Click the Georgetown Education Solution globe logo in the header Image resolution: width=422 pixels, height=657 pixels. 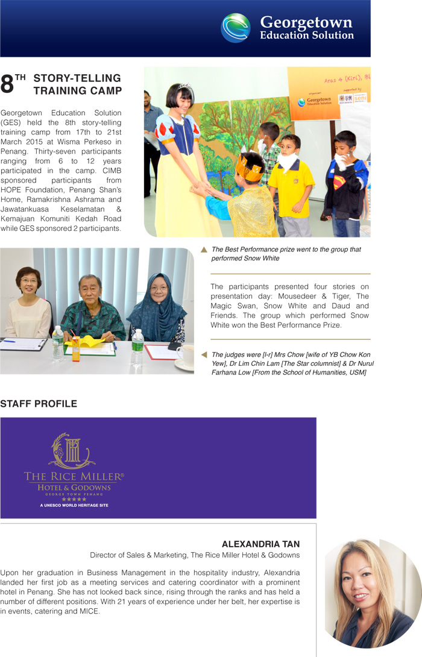click(236, 28)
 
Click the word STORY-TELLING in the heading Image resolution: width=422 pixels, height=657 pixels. click(77, 78)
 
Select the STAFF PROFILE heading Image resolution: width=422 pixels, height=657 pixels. click(39, 404)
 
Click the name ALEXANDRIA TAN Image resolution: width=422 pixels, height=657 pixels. click(260, 544)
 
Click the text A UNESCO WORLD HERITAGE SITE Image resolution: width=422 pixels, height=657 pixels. click(74, 505)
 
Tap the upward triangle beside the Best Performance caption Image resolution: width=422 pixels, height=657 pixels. click(204, 250)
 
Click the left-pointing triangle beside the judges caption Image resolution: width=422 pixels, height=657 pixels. click(204, 354)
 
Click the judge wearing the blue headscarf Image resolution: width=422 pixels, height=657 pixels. click(159, 307)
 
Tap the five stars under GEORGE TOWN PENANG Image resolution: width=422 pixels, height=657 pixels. click(74, 499)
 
